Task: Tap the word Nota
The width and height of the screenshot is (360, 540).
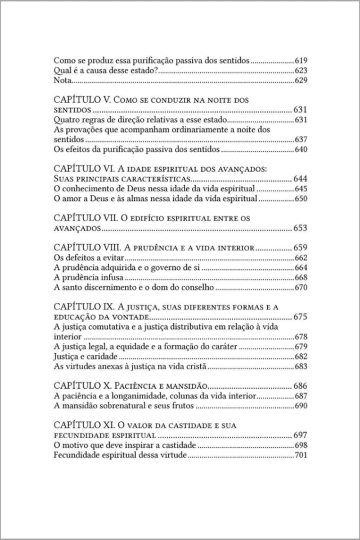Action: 62,81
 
